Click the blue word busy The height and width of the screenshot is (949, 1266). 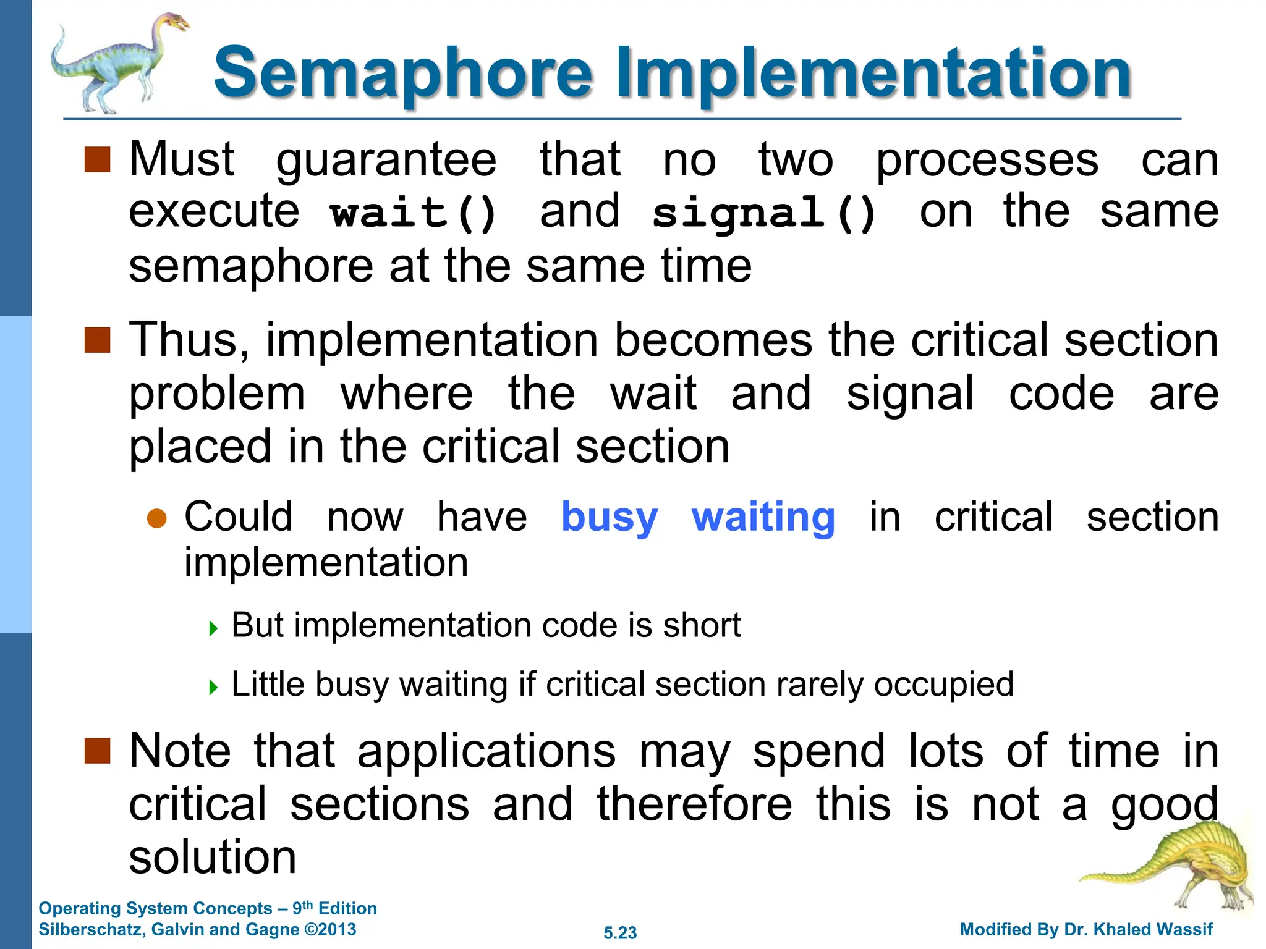[x=609, y=518]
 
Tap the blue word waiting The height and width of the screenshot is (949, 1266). [x=763, y=518]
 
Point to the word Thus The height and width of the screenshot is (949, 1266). [x=189, y=340]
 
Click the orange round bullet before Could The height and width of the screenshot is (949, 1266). [x=157, y=518]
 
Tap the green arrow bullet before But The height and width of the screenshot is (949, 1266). [x=213, y=629]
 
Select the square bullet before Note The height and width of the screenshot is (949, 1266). [x=97, y=751]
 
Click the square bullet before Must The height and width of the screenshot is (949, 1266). [x=97, y=160]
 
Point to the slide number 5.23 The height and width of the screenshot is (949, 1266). [x=620, y=932]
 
